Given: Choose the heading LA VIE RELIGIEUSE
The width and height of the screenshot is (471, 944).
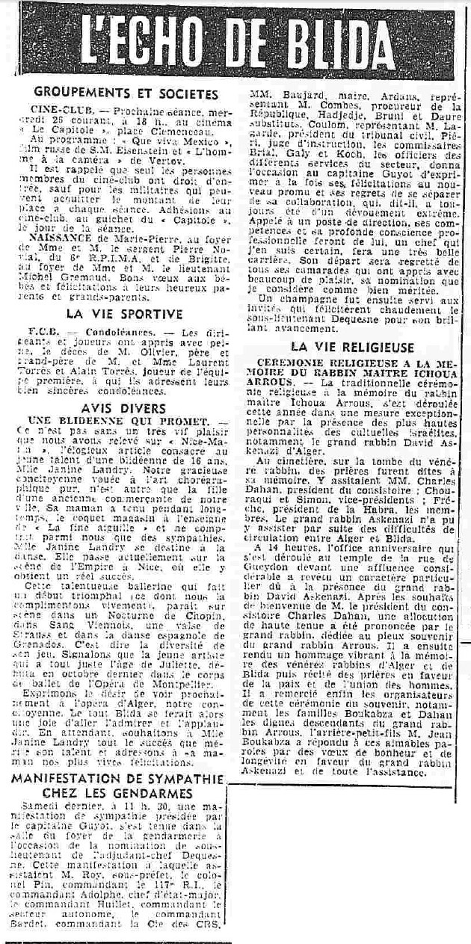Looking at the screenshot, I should [x=352, y=347].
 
